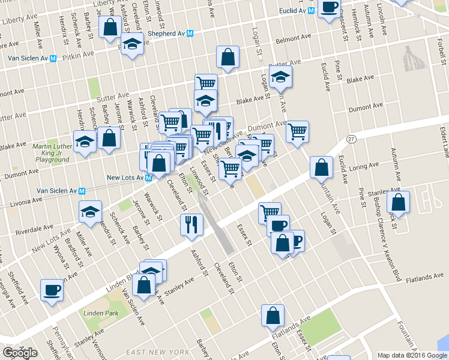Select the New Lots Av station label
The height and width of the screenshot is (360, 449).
125,178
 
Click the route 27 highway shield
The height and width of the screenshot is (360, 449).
352,139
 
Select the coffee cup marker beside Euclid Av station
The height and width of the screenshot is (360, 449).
328,8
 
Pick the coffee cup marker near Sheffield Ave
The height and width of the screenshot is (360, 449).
52,290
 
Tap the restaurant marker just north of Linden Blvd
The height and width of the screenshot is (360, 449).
191,224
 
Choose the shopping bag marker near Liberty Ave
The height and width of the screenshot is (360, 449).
110,27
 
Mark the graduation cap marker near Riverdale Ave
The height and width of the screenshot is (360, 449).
91,212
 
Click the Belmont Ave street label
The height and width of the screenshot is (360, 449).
291,41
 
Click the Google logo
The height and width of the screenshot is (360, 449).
20,352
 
